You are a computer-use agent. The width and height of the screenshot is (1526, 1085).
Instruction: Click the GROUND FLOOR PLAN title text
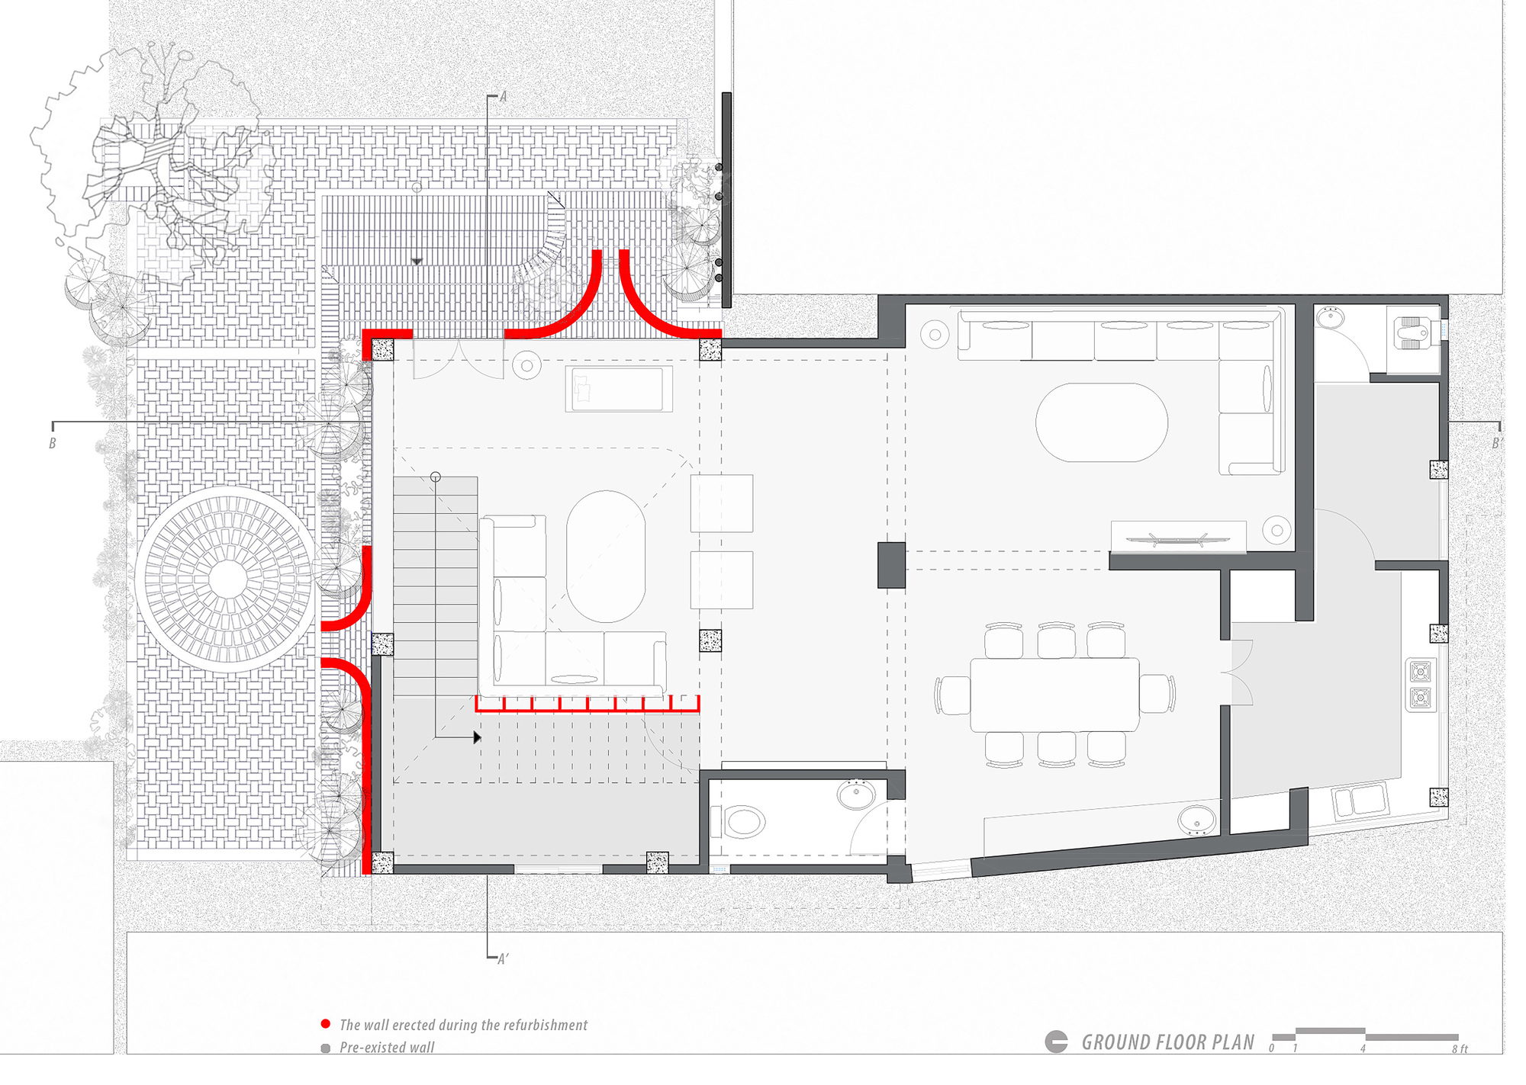(1167, 1042)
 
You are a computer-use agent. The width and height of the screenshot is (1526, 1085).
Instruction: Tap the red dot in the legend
(326, 1024)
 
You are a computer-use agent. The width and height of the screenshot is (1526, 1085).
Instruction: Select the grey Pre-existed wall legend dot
(326, 1048)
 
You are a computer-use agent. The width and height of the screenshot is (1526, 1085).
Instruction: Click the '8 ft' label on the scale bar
(1460, 1049)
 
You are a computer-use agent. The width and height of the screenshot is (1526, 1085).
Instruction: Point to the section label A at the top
(502, 97)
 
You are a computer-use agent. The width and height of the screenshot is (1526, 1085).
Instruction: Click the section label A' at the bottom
(502, 959)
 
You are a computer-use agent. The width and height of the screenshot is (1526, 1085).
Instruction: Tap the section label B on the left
(53, 443)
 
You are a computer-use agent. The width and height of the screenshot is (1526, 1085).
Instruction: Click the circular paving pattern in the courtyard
(227, 579)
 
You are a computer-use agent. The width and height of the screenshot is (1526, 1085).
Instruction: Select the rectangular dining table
(1054, 695)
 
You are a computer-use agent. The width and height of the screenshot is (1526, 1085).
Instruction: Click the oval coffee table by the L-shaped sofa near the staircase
(606, 556)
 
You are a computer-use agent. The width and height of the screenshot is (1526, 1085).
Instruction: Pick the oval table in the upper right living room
(1101, 422)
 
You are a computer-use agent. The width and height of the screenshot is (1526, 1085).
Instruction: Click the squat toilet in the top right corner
(1412, 334)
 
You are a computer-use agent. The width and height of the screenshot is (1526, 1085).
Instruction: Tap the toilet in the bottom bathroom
(743, 822)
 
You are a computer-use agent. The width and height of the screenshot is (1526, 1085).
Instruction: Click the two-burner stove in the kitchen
(1420, 684)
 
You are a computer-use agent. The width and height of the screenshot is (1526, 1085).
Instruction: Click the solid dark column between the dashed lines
(891, 565)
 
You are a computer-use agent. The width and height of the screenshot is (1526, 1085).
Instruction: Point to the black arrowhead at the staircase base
(477, 737)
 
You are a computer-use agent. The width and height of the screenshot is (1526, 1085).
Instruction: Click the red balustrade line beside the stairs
(588, 705)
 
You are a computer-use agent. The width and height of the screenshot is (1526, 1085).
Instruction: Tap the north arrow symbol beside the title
(1056, 1042)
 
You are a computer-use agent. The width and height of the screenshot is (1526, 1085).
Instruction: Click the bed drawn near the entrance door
(619, 389)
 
